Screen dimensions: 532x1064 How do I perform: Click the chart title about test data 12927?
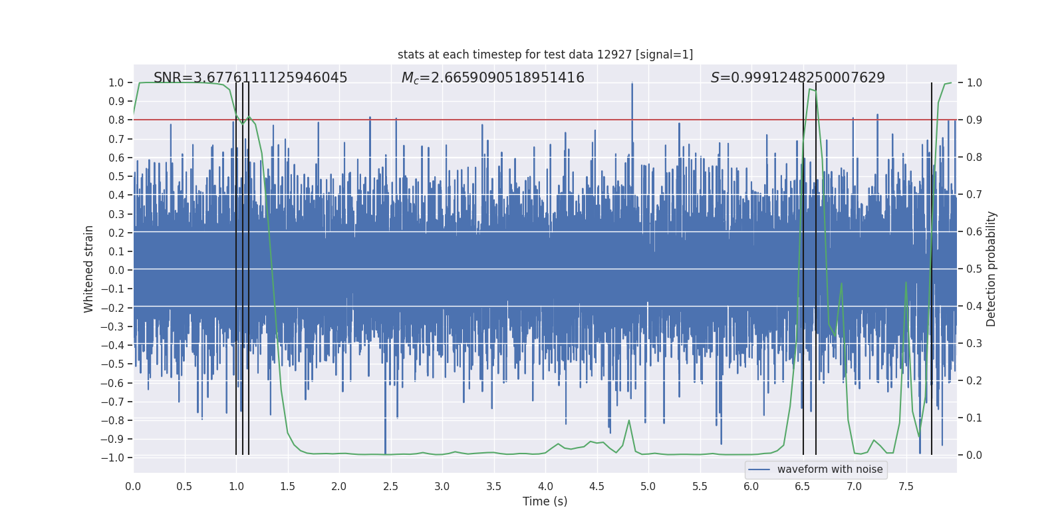click(x=545, y=55)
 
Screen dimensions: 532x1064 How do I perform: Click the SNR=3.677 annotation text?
click(x=250, y=78)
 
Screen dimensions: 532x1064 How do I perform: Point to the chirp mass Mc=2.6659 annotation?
click(x=493, y=78)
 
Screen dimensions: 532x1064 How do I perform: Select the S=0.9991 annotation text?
click(x=797, y=78)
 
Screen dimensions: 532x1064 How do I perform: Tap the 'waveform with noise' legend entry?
click(x=829, y=469)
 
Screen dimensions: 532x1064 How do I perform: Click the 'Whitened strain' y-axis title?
click(x=89, y=269)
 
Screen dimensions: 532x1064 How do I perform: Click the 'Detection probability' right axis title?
click(x=992, y=269)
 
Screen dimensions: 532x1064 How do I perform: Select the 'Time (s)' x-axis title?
click(x=545, y=501)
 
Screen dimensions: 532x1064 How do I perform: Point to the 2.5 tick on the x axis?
click(x=390, y=486)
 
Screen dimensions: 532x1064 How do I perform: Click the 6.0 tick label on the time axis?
click(x=751, y=486)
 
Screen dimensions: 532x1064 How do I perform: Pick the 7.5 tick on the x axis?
click(x=906, y=486)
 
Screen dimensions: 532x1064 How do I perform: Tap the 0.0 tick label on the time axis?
click(x=133, y=486)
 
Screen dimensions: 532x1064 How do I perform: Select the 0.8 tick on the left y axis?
click(x=116, y=120)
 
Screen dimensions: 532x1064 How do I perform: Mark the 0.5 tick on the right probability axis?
click(x=974, y=269)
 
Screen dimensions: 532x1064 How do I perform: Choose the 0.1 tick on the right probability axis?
click(x=974, y=418)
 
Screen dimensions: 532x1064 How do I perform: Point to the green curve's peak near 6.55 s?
click(x=809, y=89)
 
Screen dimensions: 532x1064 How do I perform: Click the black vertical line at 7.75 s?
click(x=932, y=266)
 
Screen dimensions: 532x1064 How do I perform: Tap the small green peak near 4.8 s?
click(x=629, y=420)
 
